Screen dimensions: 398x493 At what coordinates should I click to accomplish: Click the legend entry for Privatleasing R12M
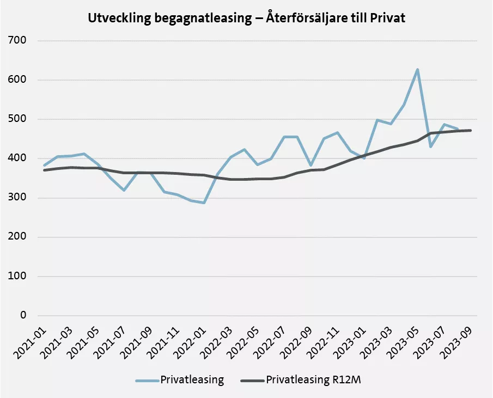[313, 380]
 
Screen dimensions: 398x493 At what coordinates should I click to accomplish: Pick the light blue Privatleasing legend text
[191, 380]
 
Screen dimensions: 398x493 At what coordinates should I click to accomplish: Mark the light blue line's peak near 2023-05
[417, 70]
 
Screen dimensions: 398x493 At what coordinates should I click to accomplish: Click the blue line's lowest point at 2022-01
[204, 203]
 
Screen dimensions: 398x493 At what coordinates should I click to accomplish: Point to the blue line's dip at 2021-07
[124, 190]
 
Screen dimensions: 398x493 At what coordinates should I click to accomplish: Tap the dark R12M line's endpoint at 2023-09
[470, 130]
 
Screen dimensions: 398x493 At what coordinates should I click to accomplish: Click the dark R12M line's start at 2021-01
[45, 170]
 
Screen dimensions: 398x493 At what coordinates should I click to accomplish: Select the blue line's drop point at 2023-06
[431, 146]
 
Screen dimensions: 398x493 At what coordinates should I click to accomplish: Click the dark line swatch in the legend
[251, 380]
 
